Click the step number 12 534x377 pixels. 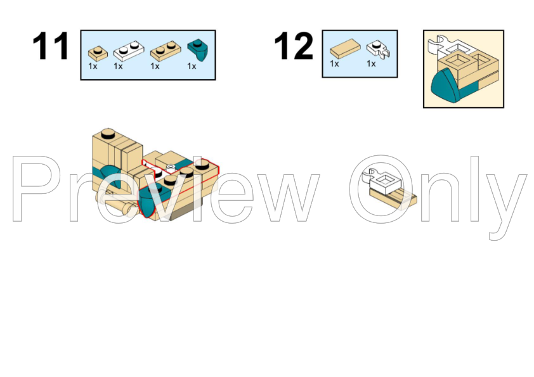[293, 46]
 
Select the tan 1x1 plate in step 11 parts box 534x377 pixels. [98, 53]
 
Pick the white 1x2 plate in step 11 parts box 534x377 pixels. [129, 51]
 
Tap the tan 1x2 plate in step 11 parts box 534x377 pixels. [166, 51]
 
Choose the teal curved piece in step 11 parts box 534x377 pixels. [199, 49]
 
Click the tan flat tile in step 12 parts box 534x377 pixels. [345, 48]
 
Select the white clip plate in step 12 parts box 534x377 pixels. [378, 49]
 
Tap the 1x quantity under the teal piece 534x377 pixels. [192, 67]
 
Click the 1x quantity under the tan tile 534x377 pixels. [334, 63]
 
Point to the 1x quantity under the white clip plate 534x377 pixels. [371, 63]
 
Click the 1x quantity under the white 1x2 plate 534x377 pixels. [118, 67]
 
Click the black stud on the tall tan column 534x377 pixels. [108, 134]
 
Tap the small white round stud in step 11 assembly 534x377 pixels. [171, 167]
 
